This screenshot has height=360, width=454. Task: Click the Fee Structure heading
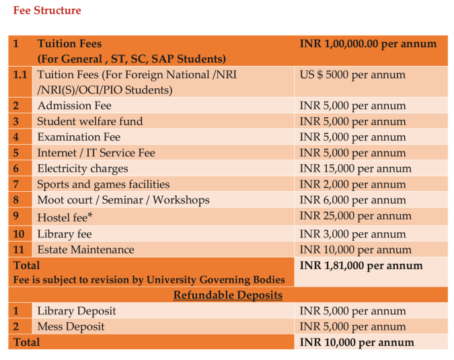tap(47, 10)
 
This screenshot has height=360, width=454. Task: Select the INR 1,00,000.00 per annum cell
tap(368, 44)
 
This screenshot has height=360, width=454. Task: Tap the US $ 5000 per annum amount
tap(352, 75)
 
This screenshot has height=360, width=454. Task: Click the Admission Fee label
tap(74, 106)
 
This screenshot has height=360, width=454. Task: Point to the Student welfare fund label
tap(89, 122)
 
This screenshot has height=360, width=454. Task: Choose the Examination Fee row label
tap(79, 137)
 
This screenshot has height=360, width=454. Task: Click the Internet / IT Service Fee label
tap(96, 153)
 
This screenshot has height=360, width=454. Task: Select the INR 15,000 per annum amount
tap(355, 169)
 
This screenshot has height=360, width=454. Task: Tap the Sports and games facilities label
tap(103, 184)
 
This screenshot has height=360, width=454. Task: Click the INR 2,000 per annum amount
tap(352, 184)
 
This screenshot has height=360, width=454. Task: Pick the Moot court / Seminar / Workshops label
tap(123, 200)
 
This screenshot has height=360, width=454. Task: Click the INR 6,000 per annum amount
tap(352, 200)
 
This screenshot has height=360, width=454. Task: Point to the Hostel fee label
tap(65, 217)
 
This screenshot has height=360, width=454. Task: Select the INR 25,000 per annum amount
tap(355, 216)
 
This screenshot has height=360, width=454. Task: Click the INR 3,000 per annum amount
tap(352, 234)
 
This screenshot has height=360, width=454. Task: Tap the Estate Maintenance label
tap(85, 250)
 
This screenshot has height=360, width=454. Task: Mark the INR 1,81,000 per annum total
tap(361, 265)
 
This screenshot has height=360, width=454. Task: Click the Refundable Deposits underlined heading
tap(227, 295)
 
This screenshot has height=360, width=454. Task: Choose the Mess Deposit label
tap(71, 326)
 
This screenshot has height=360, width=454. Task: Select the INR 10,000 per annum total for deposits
tap(356, 342)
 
